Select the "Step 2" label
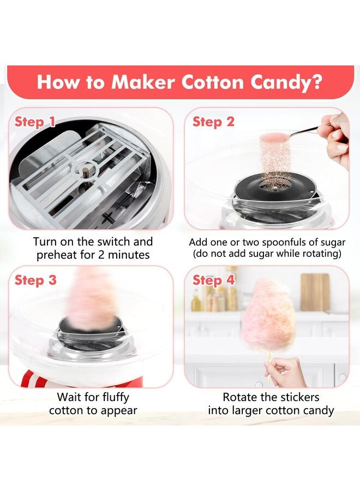(213, 122)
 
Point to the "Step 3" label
(35, 280)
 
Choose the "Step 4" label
(213, 280)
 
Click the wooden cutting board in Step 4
(315, 292)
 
